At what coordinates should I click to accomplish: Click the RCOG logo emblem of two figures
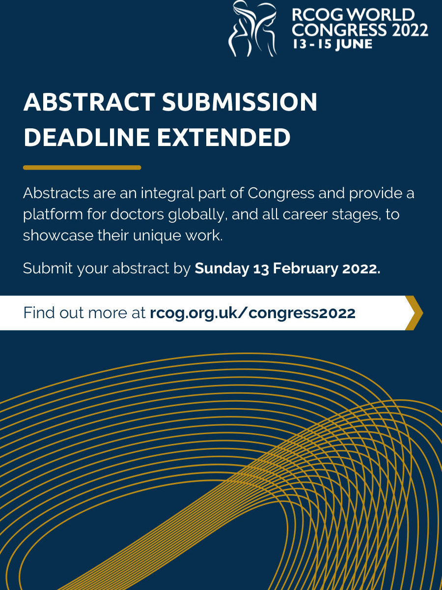point(252,28)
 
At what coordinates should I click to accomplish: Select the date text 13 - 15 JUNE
point(332,44)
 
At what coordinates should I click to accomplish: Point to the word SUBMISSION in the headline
point(240,102)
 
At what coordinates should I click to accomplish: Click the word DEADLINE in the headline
point(87,137)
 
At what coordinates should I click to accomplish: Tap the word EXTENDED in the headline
point(223,137)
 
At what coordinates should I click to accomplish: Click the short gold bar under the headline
point(82,168)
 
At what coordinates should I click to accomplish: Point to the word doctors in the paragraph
point(137,214)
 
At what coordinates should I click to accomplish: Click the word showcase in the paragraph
point(58,236)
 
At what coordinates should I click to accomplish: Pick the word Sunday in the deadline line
point(222,268)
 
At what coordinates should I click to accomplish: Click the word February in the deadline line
point(305,268)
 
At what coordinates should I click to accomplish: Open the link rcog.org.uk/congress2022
point(252,313)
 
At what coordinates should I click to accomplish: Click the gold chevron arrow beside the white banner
point(414,313)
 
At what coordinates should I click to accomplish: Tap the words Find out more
point(75,313)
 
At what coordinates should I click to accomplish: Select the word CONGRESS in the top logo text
point(339,29)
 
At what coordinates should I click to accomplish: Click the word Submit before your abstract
point(48,268)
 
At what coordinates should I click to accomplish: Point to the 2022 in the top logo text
point(410,29)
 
